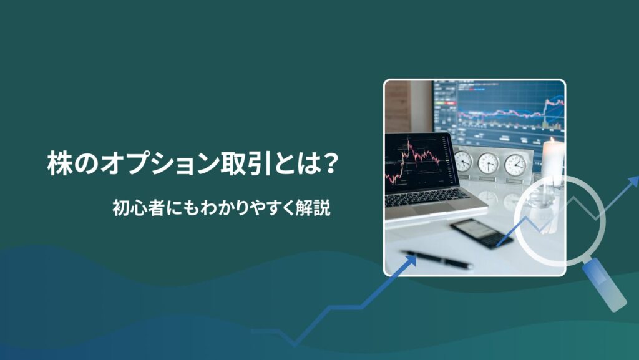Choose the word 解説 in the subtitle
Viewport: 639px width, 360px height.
click(315, 208)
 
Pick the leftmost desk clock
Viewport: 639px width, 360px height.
click(462, 162)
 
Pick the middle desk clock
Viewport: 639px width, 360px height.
click(488, 163)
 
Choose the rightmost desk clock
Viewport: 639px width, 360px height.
click(515, 164)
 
